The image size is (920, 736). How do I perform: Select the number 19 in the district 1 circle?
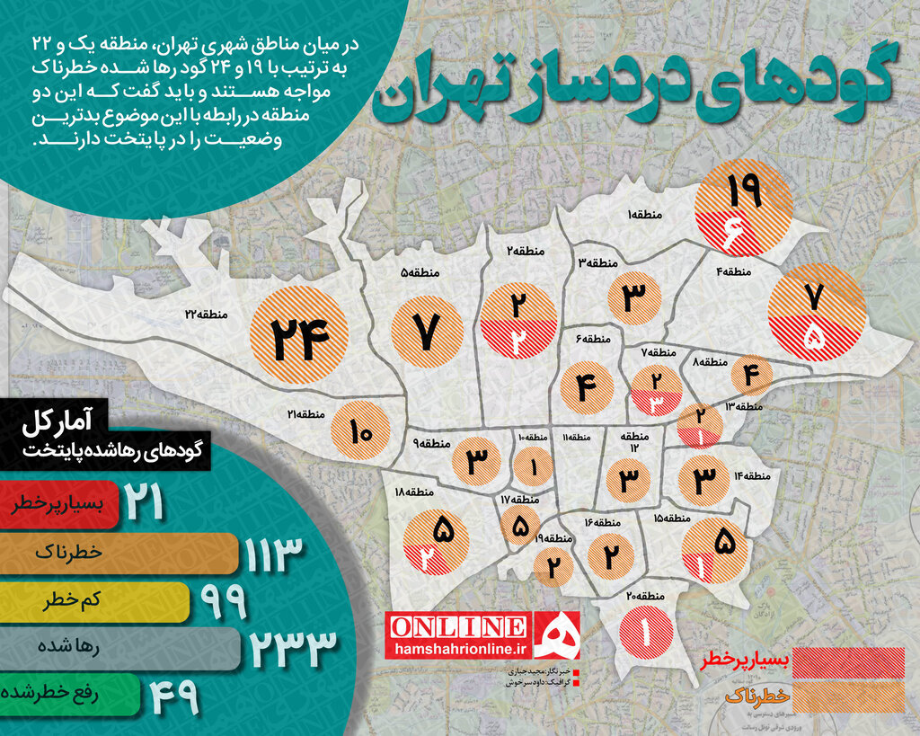tap(745, 191)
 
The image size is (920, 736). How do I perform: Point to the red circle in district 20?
tap(645, 632)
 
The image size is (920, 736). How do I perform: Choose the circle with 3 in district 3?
tap(634, 297)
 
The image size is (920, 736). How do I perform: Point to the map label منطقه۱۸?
tap(414, 492)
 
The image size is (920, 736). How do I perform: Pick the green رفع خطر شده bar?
tap(68, 694)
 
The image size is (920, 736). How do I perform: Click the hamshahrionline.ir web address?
tap(458, 647)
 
